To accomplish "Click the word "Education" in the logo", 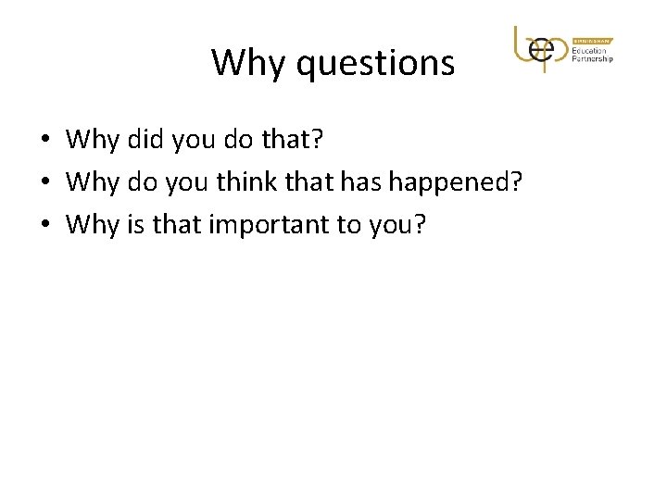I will [x=589, y=50].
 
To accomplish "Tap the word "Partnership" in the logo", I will [x=593, y=60].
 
